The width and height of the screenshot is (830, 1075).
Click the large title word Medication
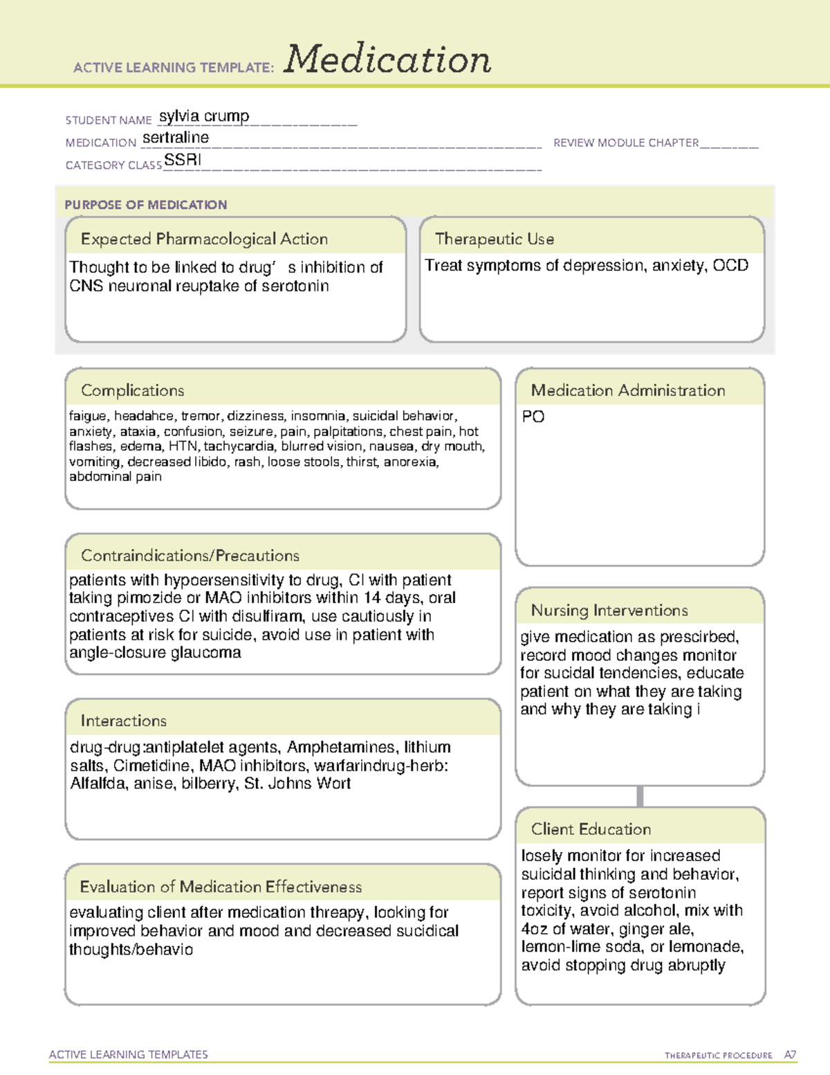click(387, 60)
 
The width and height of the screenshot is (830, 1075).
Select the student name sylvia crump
click(204, 116)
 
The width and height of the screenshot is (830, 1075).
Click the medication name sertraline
click(176, 138)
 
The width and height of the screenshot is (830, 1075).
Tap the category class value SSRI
click(183, 160)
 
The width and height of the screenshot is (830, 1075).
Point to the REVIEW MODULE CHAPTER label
click(626, 143)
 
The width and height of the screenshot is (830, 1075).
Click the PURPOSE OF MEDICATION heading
click(146, 205)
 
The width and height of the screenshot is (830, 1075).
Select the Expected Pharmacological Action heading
click(204, 239)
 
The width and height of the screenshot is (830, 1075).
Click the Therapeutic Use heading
click(495, 239)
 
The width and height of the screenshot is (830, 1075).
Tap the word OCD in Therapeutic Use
click(730, 266)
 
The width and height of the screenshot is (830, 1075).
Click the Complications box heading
click(133, 390)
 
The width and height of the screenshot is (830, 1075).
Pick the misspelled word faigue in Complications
click(88, 416)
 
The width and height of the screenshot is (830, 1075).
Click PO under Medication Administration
click(533, 417)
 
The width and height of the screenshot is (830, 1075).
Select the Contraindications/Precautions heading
click(190, 556)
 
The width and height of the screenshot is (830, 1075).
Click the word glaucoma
click(209, 653)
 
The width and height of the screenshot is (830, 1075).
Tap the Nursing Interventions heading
click(609, 611)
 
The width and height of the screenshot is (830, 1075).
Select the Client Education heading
click(591, 829)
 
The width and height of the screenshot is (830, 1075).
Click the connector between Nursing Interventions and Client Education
click(640, 796)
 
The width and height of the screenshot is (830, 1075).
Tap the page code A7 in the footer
click(790, 1055)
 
